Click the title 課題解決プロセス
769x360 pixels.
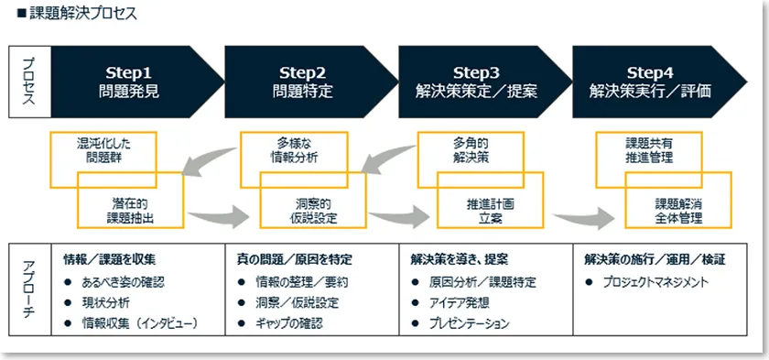coord(82,14)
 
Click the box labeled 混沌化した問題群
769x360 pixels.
coord(103,150)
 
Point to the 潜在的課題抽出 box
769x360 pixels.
coord(130,211)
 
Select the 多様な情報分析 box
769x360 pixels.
coord(294,150)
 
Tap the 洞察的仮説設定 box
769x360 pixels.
coord(313,211)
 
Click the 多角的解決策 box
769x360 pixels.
coord(471,150)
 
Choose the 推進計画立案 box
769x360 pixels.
coord(491,211)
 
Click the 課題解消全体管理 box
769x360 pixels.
coord(678,211)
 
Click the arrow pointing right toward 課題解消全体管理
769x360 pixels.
coord(584,218)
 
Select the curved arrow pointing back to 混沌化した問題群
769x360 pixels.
coord(209,161)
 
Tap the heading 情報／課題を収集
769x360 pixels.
coord(110,259)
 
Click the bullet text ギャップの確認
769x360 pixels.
coord(288,323)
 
